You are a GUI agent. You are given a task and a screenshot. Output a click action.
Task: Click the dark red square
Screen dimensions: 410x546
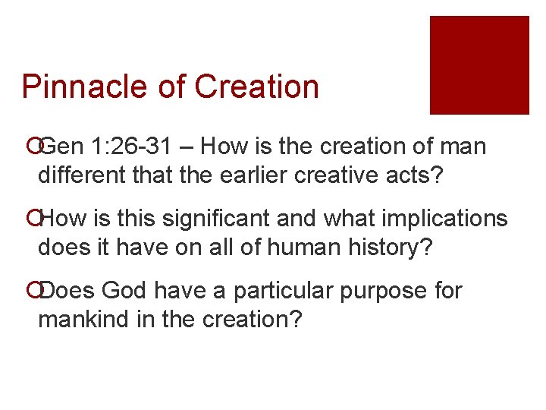[x=479, y=65]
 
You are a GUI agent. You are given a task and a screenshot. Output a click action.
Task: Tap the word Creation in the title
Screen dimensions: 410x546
[x=256, y=87]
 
